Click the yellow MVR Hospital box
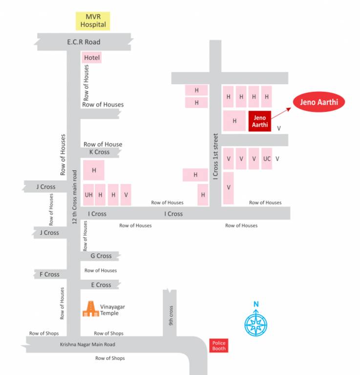93,21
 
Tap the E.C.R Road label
84,42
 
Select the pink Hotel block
92,58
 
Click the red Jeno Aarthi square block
259,121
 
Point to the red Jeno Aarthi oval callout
319,103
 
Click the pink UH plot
88,194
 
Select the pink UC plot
267,159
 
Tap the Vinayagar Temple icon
90,309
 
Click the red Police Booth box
219,346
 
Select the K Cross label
99,152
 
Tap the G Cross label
101,256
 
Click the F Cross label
49,274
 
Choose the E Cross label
101,285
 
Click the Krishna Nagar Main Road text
87,345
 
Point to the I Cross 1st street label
215,155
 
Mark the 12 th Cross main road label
75,197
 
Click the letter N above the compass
255,305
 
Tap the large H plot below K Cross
94,170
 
